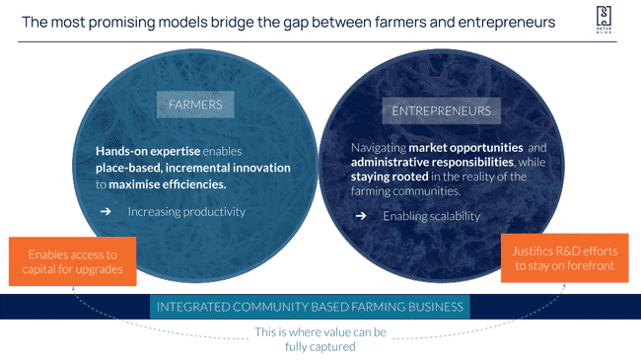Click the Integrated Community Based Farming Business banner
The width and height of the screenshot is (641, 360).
(311, 307)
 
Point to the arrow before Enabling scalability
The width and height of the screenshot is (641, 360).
(361, 216)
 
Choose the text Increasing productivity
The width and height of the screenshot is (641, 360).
(185, 212)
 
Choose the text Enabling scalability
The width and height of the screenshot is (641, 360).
(431, 216)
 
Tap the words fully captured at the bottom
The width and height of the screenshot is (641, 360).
(320, 346)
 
